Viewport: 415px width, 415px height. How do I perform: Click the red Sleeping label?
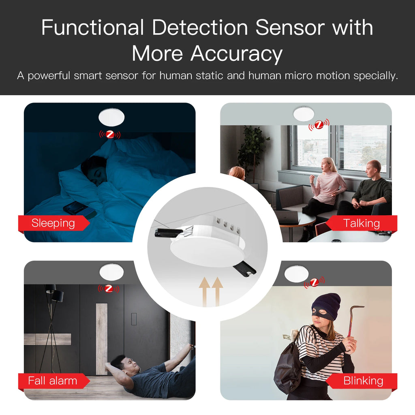pos(53,223)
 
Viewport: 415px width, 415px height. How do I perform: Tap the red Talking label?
pos(361,223)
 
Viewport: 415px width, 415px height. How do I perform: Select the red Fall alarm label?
pos(53,381)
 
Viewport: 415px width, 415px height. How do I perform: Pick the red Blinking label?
pos(363,381)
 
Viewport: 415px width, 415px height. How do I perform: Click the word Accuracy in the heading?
pos(236,54)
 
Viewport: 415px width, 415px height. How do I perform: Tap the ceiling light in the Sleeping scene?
pos(111,117)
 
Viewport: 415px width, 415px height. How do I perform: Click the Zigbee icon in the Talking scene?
pos(319,126)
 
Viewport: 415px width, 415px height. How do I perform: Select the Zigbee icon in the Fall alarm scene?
pos(108,289)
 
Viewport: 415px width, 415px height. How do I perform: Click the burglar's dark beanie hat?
pos(327,305)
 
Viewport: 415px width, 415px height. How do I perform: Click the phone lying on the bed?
pos(78,209)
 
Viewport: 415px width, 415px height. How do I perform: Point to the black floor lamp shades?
pos(54,293)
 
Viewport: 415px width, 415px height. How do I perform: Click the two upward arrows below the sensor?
pos(212,291)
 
